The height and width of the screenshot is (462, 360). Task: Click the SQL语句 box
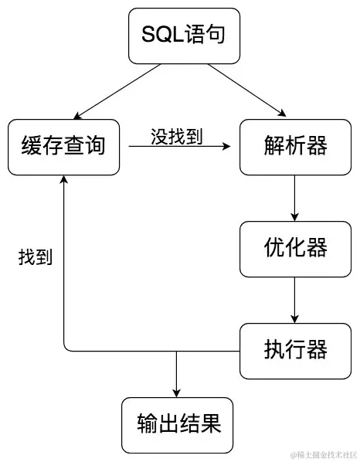pyautogui.click(x=179, y=36)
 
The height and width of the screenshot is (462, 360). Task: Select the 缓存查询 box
pyautogui.click(x=63, y=147)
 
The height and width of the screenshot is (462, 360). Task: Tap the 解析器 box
pyautogui.click(x=294, y=147)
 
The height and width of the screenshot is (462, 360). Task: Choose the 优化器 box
pyautogui.click(x=294, y=249)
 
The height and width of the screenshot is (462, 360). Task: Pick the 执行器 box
pyautogui.click(x=294, y=350)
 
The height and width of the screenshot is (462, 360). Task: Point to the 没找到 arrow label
pyautogui.click(x=176, y=137)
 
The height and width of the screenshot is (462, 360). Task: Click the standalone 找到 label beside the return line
pyautogui.click(x=35, y=257)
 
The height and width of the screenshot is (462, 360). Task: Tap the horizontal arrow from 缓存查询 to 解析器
pyautogui.click(x=178, y=147)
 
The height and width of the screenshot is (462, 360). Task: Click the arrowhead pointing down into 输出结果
pyautogui.click(x=178, y=392)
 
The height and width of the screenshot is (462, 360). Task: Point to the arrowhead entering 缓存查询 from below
pyautogui.click(x=63, y=179)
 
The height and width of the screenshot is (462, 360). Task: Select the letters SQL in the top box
pyautogui.click(x=161, y=36)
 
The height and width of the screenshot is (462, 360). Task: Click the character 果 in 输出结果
pyautogui.click(x=211, y=424)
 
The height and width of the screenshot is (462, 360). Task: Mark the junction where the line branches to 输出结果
pyautogui.click(x=178, y=351)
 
